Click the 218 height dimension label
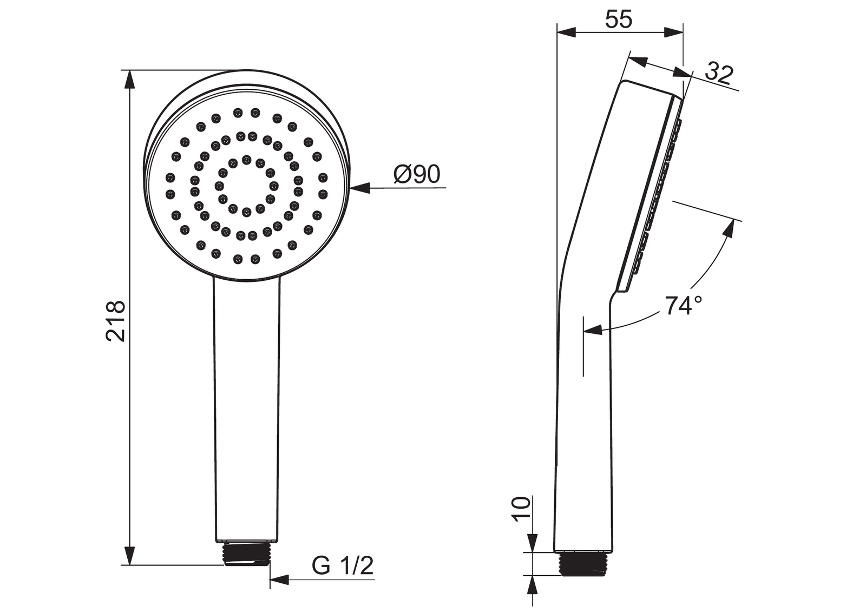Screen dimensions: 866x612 115,321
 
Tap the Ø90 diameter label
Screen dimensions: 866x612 417,174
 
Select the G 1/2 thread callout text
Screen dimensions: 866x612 343,567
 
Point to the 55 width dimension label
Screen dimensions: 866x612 619,19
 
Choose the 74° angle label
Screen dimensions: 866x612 684,306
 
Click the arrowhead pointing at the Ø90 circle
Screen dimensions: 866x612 360,188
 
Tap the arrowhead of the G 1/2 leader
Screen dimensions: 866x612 279,590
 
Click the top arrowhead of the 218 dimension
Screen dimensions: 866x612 130,80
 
